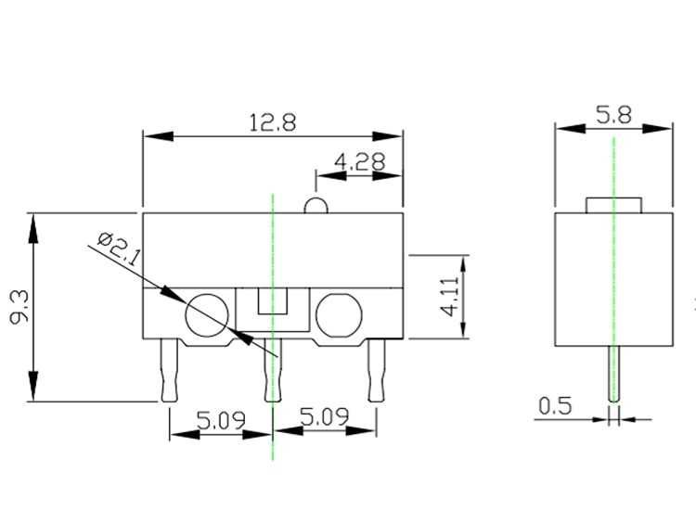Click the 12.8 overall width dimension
tap(272, 122)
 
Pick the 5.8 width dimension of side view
tap(613, 116)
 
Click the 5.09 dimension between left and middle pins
tap(221, 419)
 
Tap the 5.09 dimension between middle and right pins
tap(324, 419)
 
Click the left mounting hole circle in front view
tap(206, 316)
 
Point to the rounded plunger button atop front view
tap(316, 205)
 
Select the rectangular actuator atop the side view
tap(613, 204)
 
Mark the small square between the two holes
tap(272, 302)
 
